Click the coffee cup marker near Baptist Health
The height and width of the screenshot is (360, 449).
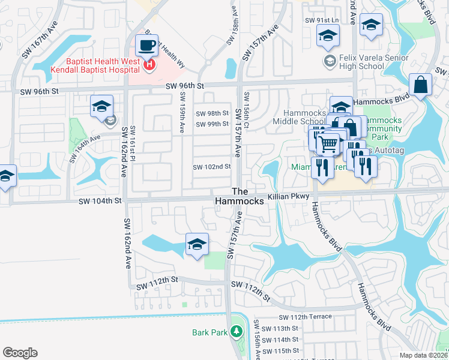146,44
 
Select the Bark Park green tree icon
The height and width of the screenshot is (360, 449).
237,332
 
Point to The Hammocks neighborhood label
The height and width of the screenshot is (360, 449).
240,196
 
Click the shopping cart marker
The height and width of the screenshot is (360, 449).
328,144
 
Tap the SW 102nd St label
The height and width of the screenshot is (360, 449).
211,167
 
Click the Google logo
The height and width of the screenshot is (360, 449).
20,352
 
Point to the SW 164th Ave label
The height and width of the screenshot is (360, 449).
83,145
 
